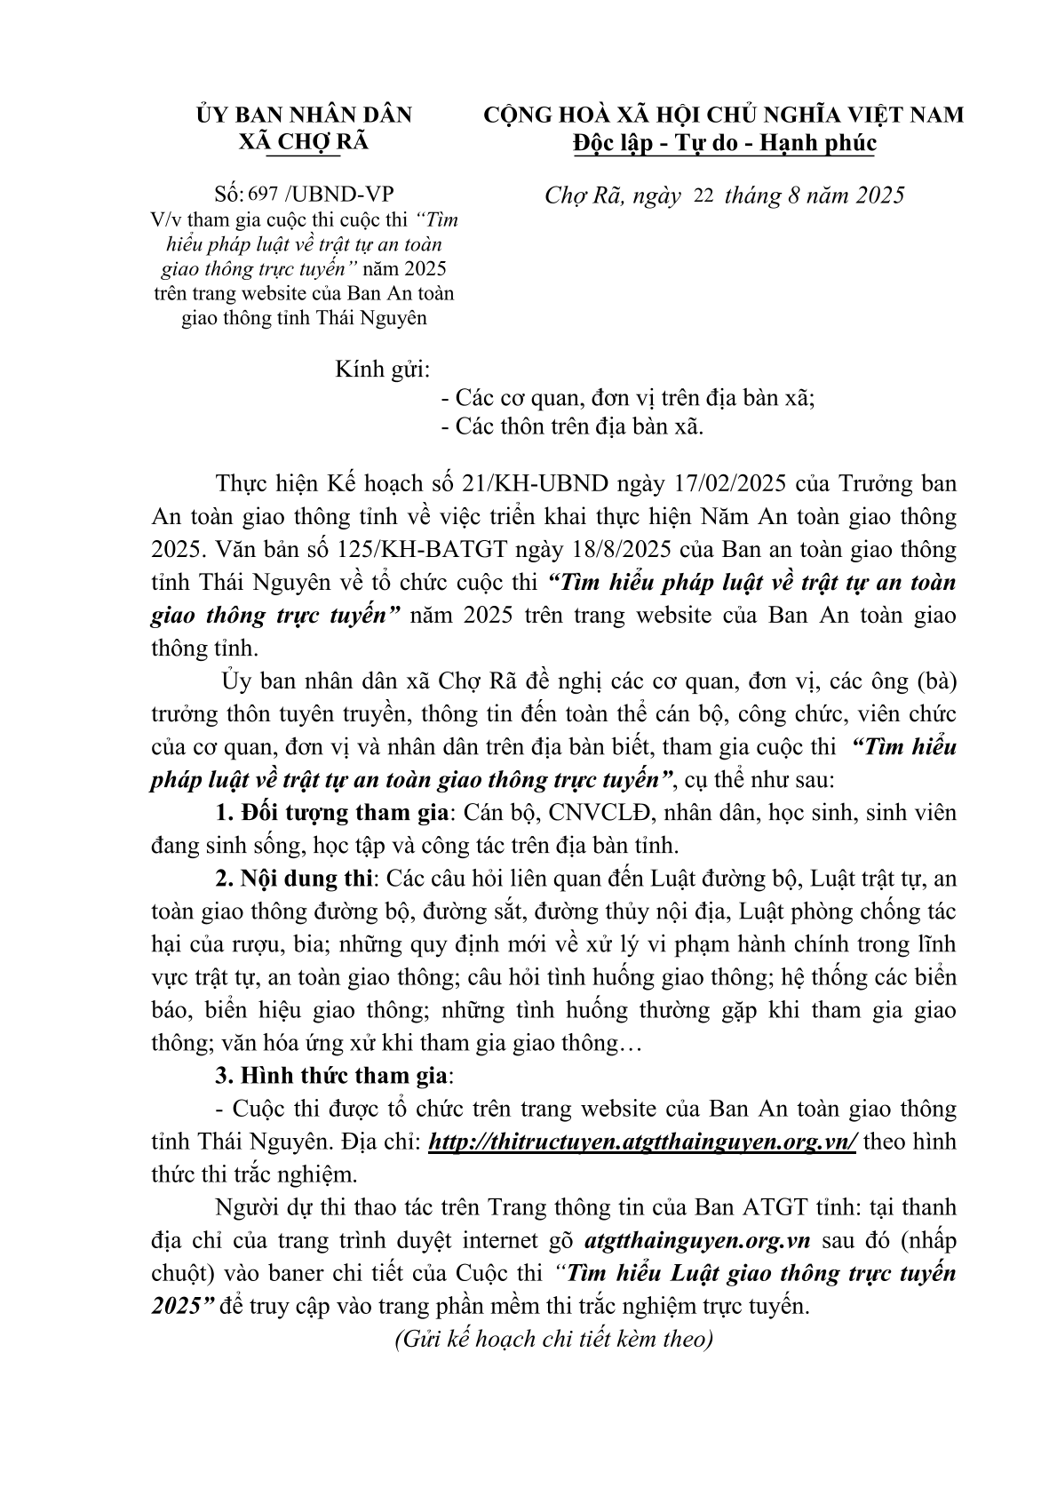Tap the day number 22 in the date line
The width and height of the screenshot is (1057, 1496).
(703, 195)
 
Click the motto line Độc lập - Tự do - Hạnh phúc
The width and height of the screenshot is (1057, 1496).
(723, 143)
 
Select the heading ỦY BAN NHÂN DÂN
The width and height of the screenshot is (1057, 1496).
(291, 115)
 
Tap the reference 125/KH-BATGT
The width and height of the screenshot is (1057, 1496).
(412, 549)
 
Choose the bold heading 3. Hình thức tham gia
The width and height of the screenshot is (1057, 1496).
(334, 1075)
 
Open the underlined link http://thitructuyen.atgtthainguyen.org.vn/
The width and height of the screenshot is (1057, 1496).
(642, 1142)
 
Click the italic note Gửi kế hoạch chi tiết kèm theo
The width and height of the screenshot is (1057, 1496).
(553, 1339)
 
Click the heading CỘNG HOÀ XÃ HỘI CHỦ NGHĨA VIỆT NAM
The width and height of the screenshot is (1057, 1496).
(723, 115)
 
